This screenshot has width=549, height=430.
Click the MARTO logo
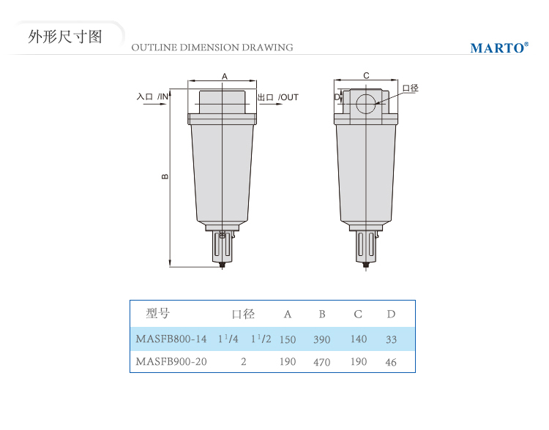click(499, 48)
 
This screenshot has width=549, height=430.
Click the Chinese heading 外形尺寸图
click(65, 37)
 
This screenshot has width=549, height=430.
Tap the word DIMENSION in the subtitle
click(210, 48)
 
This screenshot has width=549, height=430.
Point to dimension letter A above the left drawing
click(225, 76)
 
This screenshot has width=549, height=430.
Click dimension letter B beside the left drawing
click(165, 177)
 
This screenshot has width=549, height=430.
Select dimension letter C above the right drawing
click(366, 75)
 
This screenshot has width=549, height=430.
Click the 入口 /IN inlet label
click(153, 97)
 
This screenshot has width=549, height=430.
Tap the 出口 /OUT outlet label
click(278, 97)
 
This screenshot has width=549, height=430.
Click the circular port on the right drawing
click(365, 104)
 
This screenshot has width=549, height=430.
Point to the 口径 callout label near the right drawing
click(411, 88)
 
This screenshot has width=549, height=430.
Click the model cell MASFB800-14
click(171, 339)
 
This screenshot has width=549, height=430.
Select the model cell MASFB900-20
click(171, 361)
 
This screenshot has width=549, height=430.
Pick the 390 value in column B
click(322, 339)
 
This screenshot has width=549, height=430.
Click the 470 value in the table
click(322, 362)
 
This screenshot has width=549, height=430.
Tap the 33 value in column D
click(391, 339)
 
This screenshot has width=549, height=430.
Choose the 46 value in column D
click(391, 362)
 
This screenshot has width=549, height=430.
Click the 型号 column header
click(158, 313)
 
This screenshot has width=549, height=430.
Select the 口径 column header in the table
click(243, 314)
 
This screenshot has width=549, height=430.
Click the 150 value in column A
click(288, 339)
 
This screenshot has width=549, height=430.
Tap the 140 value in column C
click(359, 339)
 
